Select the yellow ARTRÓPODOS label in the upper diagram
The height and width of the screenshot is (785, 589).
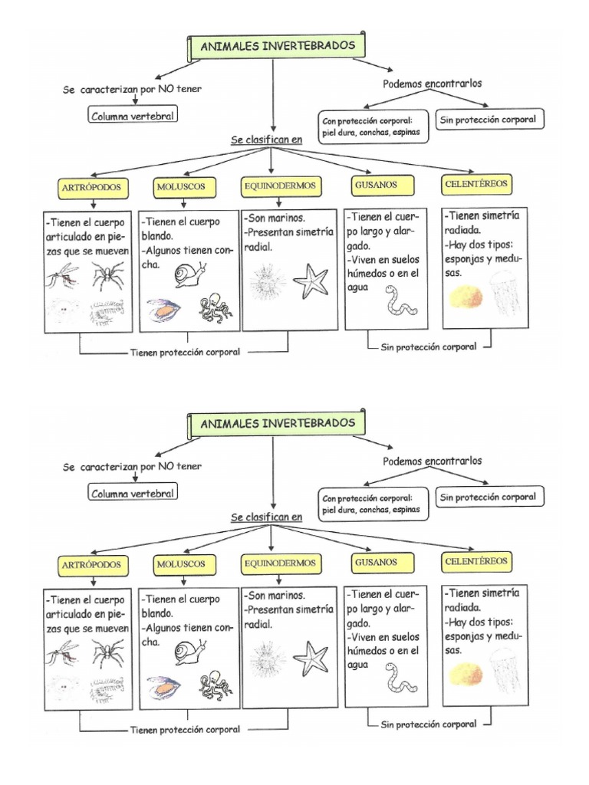[x=92, y=188]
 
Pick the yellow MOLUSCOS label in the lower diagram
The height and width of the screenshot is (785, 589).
[x=181, y=563]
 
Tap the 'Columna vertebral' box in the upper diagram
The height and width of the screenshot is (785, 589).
[x=133, y=117]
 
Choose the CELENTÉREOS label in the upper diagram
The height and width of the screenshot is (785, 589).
[x=477, y=185]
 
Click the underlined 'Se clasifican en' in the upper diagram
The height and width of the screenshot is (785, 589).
[x=267, y=140]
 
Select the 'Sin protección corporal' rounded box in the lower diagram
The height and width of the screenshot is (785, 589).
[x=487, y=497]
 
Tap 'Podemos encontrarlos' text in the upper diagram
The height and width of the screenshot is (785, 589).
[x=433, y=84]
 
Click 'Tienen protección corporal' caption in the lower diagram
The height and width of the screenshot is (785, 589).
[x=185, y=730]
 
